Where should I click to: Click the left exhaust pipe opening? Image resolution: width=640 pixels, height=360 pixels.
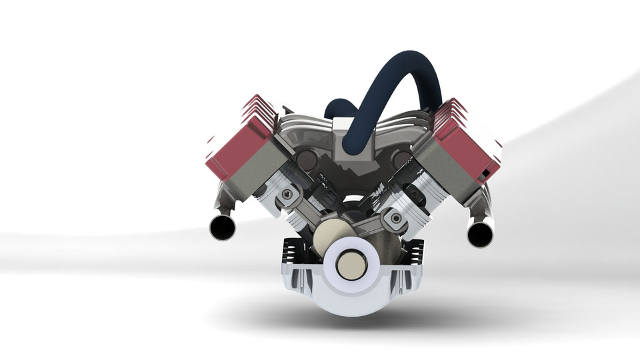point(222,228)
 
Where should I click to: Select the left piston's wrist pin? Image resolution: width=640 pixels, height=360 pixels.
point(288,195)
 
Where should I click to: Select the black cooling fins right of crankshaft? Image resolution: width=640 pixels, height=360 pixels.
point(413,253)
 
